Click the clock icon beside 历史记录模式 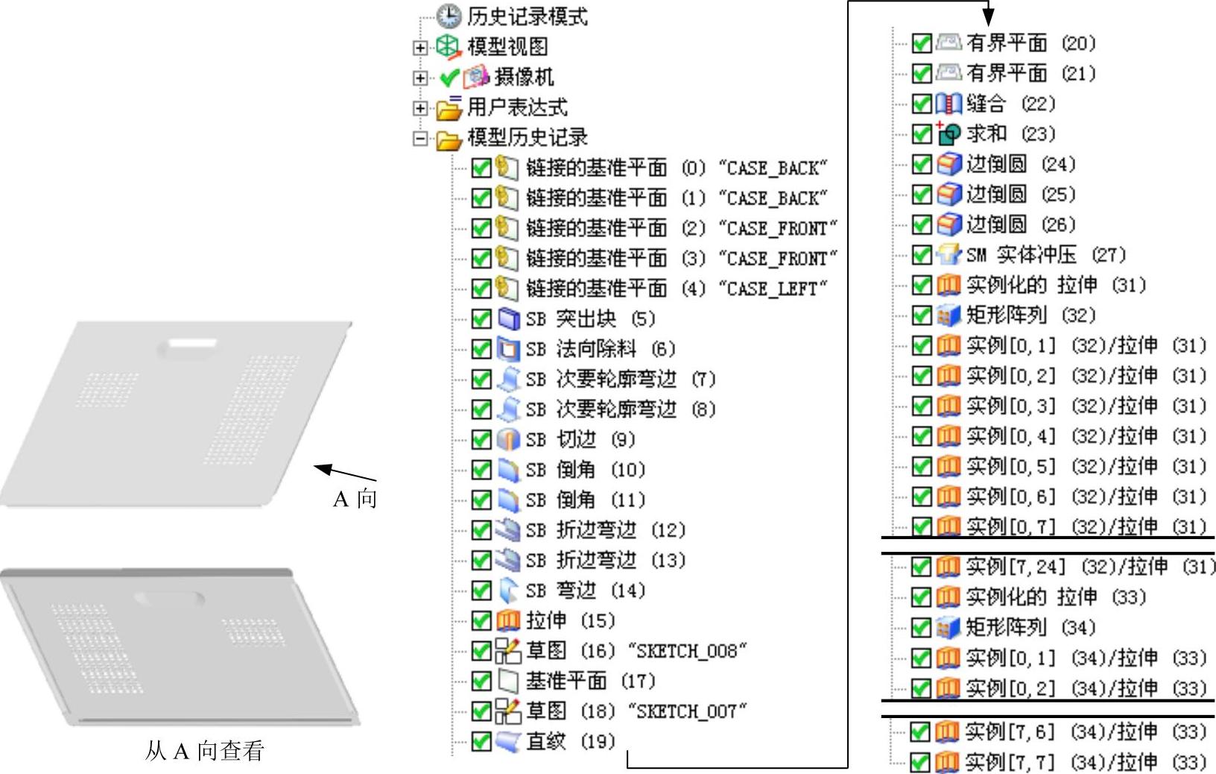click(449, 16)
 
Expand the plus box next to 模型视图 click(420, 47)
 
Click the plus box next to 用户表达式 click(420, 107)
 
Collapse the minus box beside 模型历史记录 click(420, 138)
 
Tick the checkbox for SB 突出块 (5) click(481, 319)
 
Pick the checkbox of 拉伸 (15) click(481, 621)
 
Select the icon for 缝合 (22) click(948, 104)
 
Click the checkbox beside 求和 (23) click(922, 134)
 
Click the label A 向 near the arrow click(355, 498)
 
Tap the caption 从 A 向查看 click(205, 750)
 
